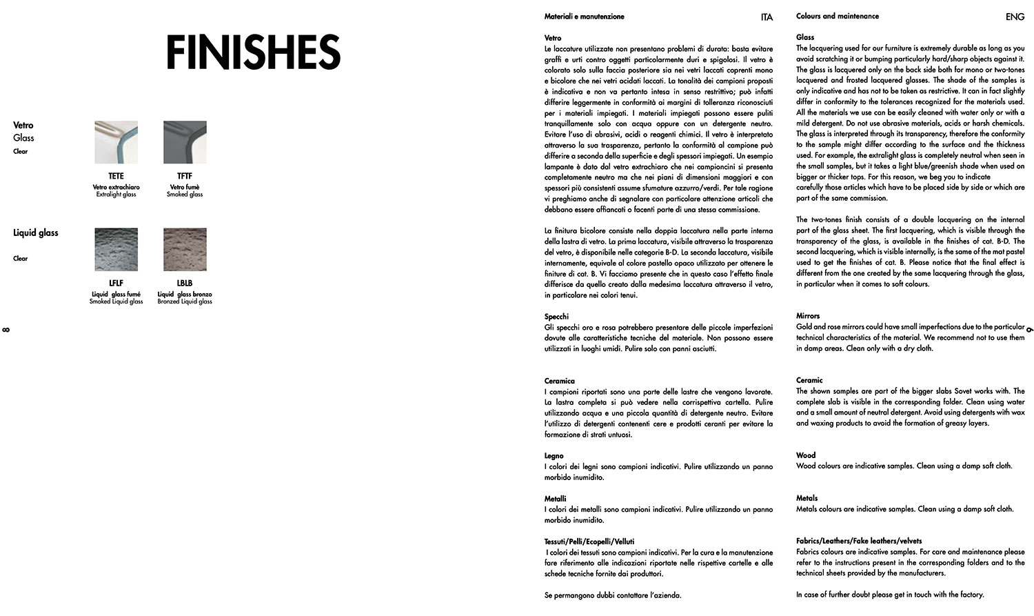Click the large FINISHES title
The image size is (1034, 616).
click(253, 52)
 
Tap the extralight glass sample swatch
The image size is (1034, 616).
click(116, 142)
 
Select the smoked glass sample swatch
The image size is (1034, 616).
click(185, 142)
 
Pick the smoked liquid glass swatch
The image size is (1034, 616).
click(116, 249)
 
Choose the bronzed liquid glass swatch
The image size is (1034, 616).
click(185, 249)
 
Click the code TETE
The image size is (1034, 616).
click(116, 176)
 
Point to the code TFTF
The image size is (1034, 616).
click(185, 176)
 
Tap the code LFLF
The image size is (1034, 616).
click(116, 283)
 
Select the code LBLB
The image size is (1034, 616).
click(185, 283)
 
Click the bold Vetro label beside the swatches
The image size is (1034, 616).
click(23, 125)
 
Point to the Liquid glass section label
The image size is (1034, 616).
click(36, 232)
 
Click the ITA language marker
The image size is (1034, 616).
click(767, 17)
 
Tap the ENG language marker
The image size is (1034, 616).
click(1015, 17)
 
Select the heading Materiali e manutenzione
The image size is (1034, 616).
click(584, 17)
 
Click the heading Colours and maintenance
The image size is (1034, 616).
click(837, 16)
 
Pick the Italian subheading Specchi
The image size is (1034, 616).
click(556, 317)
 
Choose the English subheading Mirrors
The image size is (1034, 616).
click(808, 316)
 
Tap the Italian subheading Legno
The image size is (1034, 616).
click(554, 456)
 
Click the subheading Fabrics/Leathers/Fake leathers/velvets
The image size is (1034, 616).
click(858, 541)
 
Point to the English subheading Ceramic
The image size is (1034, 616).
click(809, 380)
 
